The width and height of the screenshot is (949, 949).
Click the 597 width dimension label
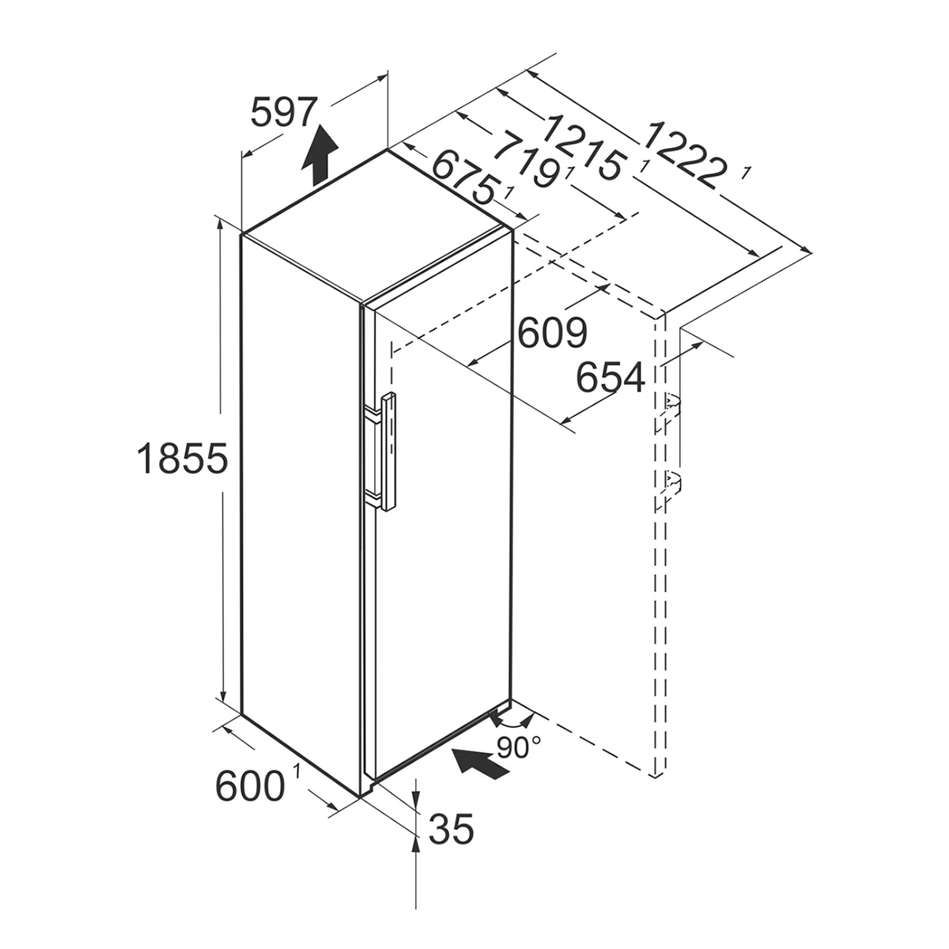coord(282,113)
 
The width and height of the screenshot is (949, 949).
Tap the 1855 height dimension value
coord(182,458)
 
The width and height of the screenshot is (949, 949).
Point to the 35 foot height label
coord(451,828)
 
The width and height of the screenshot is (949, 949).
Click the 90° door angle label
coord(519,747)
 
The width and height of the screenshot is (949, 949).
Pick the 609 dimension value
coord(553,332)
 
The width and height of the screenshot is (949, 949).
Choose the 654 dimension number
coord(611,377)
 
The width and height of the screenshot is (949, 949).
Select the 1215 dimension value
coord(584,146)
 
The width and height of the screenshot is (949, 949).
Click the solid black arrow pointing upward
coord(320,155)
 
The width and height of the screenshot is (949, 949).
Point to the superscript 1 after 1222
coord(747,173)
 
